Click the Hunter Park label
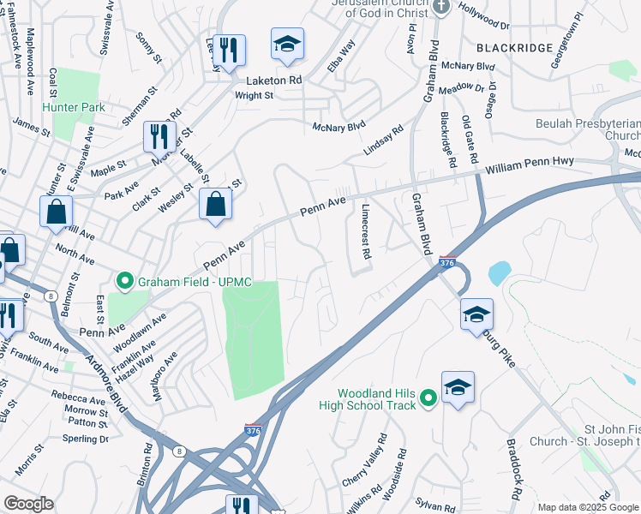(x=73, y=107)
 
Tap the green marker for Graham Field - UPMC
(x=124, y=280)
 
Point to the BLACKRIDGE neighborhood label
(x=514, y=48)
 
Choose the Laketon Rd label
(x=275, y=81)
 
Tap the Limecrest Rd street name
(x=365, y=231)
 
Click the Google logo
(x=27, y=504)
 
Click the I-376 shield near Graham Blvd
(x=446, y=261)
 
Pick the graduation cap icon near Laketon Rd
(x=288, y=44)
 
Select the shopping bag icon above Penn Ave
(x=215, y=204)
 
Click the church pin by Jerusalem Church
(x=441, y=7)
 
